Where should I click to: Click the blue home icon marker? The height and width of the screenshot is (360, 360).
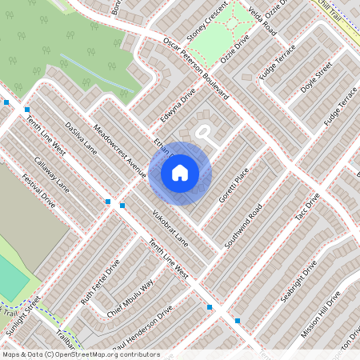(x=180, y=172)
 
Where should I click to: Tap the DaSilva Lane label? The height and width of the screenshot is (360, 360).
(x=81, y=138)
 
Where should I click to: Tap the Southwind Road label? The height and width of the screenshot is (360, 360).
(x=244, y=226)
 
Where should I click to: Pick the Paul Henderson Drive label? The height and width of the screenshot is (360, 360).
(x=143, y=328)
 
